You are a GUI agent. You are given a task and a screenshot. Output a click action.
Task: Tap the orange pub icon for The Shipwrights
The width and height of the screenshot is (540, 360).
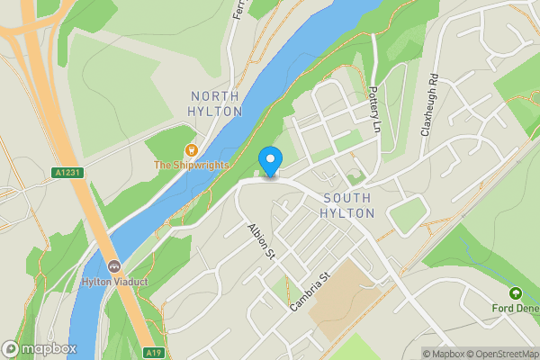click(x=191, y=149)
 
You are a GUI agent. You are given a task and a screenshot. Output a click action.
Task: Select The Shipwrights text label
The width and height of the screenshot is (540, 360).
click(x=191, y=166)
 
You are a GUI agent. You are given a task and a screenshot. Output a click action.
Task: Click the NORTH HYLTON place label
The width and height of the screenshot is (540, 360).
click(x=216, y=103)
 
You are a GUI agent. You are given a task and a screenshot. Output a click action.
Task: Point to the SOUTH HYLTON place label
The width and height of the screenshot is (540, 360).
click(x=346, y=205)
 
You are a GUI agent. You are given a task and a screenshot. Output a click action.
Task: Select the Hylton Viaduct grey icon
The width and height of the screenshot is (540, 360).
click(x=114, y=265)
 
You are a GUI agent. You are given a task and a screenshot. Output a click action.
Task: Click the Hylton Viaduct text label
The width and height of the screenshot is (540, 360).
click(x=114, y=281)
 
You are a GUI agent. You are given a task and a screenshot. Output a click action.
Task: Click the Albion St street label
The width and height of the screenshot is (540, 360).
click(x=261, y=241)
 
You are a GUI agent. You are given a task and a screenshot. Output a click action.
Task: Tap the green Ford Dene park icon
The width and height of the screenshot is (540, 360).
click(x=516, y=293)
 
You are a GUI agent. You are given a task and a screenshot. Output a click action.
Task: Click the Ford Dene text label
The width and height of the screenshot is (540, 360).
click(x=516, y=308)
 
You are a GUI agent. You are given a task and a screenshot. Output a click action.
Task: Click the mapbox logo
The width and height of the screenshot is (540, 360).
click(x=40, y=348)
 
